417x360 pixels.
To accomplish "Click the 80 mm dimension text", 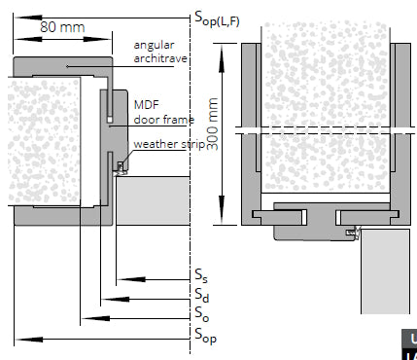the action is coord(62,27).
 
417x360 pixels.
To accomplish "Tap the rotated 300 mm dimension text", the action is coord(212,124).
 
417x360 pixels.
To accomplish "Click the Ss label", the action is coord(201,276).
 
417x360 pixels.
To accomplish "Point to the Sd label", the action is coord(202,295).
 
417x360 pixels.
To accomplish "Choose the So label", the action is coord(201,314).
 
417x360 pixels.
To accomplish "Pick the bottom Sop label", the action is coord(205,336).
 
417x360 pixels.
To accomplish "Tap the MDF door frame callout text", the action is coord(164,112).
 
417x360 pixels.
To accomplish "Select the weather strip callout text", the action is coord(169,144).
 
